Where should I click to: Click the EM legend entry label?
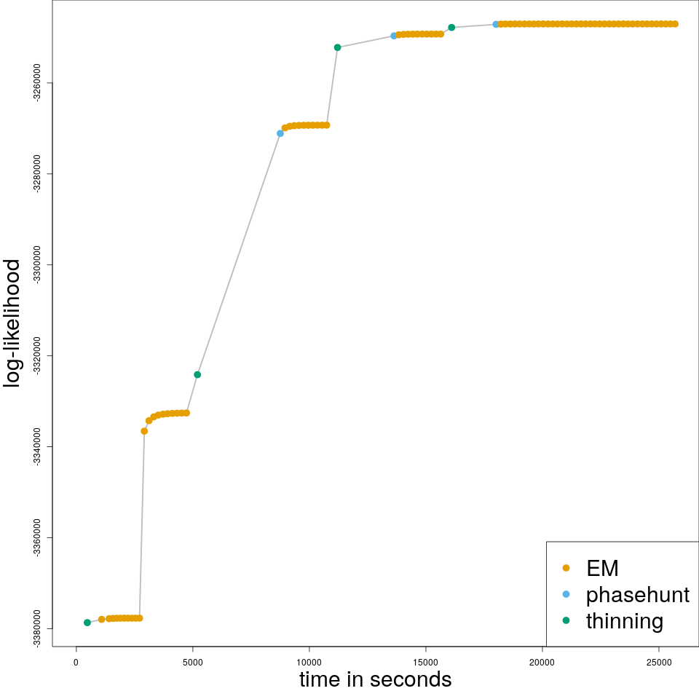point(602,568)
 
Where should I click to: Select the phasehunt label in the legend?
point(637,595)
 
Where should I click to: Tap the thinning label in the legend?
point(624,621)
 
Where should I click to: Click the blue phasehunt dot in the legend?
point(566,595)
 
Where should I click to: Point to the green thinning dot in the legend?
point(566,621)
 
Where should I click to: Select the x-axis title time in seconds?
point(375,680)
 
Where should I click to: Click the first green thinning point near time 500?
point(87,623)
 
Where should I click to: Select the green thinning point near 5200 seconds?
point(197,374)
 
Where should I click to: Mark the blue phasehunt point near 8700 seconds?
point(280,133)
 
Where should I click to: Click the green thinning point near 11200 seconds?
point(337,47)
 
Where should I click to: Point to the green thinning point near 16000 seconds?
point(451,28)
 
